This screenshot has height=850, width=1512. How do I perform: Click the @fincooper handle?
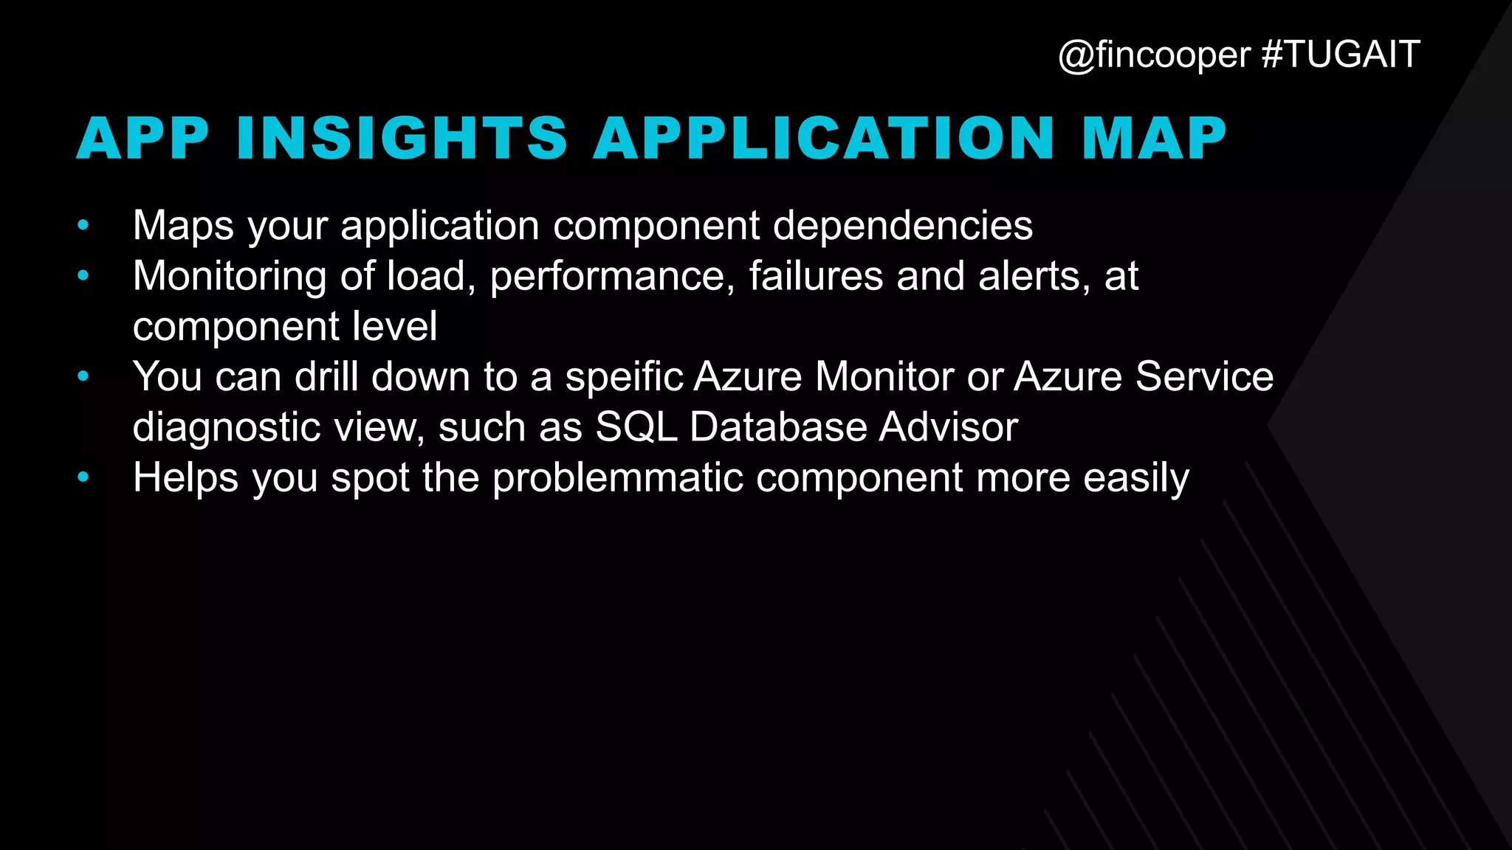1154,55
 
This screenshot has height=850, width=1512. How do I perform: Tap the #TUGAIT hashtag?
1341,55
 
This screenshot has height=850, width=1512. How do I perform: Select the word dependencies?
902,225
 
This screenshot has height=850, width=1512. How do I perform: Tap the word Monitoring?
229,276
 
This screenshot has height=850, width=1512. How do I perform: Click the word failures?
816,276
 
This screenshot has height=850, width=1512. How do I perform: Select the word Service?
1204,377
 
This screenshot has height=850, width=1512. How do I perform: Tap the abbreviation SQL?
636,427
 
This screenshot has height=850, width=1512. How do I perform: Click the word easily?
1136,478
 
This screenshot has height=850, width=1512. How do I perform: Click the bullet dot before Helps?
83,477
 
